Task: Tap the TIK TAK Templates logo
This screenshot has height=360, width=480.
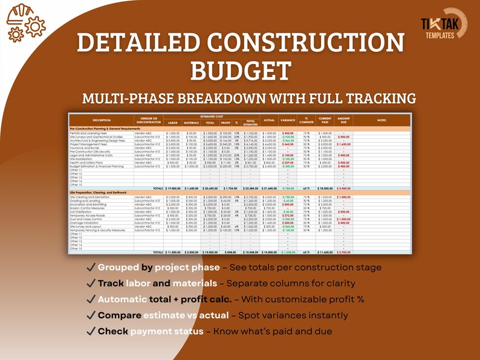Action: [x=444, y=27]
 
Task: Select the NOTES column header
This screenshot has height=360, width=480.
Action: [x=381, y=120]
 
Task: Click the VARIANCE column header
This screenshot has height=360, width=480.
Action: [x=287, y=120]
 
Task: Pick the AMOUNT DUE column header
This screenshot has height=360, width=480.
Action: [x=343, y=120]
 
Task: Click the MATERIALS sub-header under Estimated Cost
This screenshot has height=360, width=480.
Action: [x=192, y=123]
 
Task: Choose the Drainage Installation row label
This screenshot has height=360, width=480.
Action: [x=85, y=223]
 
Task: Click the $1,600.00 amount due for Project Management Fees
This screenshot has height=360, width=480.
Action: [x=343, y=144]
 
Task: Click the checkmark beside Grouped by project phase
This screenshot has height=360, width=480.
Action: [x=91, y=268]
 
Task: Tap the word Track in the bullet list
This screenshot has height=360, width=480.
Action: [x=111, y=283]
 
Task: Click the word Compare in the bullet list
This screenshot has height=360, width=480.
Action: [x=119, y=315]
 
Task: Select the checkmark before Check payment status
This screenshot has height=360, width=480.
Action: [x=91, y=332]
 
